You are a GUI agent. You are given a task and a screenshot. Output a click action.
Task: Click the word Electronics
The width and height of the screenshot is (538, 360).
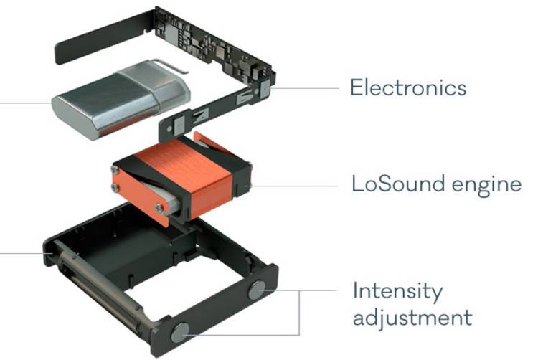(408, 87)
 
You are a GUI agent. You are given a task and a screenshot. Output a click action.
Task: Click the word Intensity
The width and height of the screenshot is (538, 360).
(397, 292)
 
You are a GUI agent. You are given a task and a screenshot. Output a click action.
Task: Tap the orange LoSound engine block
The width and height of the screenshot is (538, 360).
(182, 179)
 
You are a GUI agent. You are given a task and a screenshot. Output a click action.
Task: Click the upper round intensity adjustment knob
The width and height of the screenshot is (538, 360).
(257, 290)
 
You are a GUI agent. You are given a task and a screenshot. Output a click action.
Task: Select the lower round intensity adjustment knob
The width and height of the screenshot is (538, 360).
(180, 333)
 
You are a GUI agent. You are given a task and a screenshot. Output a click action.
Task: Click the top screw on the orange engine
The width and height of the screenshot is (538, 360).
(114, 169)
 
